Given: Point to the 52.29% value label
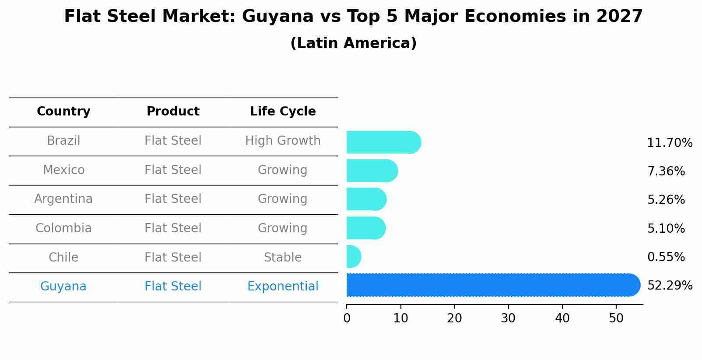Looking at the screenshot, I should tap(670, 286).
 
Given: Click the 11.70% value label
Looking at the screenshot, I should tap(670, 143).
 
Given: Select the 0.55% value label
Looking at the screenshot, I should tap(666, 257).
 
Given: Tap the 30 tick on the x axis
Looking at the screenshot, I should tap(508, 318).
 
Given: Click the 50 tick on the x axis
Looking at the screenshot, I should tap(616, 318).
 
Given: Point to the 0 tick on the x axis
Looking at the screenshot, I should tap(347, 318).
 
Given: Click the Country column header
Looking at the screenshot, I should tap(63, 112).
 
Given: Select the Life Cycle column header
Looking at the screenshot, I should tap(283, 112).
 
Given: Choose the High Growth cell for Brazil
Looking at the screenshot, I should tap(283, 141).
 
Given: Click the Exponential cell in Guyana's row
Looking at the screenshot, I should tap(283, 287).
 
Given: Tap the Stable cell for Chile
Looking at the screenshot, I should tap(283, 258).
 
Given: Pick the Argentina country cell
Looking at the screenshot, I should tap(63, 199).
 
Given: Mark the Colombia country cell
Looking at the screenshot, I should tap(63, 228).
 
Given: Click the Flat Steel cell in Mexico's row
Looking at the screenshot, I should tap(173, 170).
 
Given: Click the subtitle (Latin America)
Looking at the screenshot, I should tap(353, 43).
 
